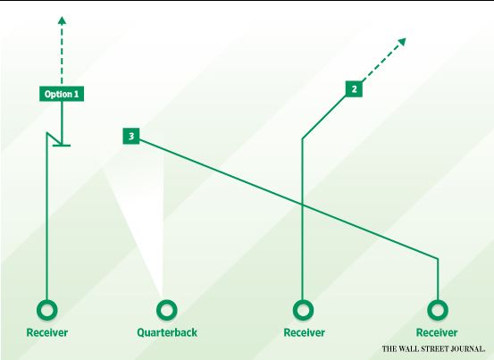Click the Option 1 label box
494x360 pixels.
point(62,94)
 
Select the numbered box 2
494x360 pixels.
point(354,89)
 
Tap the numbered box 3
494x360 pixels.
point(131,136)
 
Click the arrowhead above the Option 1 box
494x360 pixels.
point(62,21)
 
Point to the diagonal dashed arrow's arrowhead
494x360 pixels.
point(402,42)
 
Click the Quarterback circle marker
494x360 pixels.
point(167,310)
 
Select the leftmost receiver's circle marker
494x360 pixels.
point(47,310)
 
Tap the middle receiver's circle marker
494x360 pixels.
point(303,310)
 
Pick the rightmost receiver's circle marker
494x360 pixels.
point(438,310)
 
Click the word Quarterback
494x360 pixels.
point(167,332)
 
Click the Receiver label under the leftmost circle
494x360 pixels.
point(47,332)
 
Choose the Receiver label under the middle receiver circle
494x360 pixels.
point(305,332)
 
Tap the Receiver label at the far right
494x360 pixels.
point(437,332)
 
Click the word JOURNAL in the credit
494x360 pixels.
point(467,349)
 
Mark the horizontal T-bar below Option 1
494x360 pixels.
point(62,146)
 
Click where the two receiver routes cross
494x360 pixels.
point(303,205)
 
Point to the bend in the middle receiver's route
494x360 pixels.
point(303,138)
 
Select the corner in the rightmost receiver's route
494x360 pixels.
point(438,259)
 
